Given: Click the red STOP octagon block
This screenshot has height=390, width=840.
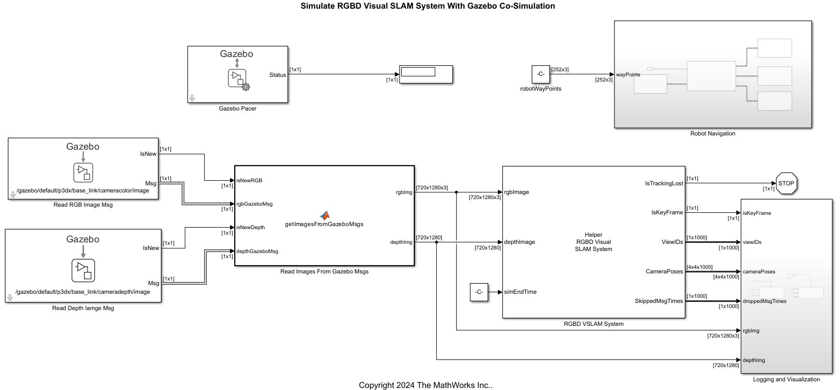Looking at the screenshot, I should pyautogui.click(x=786, y=183).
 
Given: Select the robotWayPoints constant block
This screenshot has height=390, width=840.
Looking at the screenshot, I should pyautogui.click(x=541, y=74).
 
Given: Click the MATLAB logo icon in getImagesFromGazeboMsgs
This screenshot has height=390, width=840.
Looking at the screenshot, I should pyautogui.click(x=325, y=215).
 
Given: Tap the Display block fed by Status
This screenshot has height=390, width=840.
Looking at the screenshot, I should pyautogui.click(x=426, y=74).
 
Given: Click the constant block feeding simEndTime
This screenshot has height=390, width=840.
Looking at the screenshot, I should pyautogui.click(x=479, y=292).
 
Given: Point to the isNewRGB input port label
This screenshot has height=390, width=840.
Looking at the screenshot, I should pyautogui.click(x=249, y=180).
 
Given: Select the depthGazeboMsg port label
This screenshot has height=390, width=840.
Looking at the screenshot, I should pyautogui.click(x=257, y=251).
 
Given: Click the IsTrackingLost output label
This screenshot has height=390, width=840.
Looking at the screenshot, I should pyautogui.click(x=664, y=183).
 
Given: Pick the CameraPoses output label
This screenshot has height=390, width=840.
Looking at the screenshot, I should pyautogui.click(x=664, y=271).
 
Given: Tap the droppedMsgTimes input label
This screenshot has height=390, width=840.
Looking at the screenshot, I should pyautogui.click(x=764, y=301).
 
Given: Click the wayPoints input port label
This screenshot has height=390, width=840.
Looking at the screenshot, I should pyautogui.click(x=628, y=74).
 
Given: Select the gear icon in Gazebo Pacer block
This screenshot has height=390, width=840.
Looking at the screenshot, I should pyautogui.click(x=246, y=87).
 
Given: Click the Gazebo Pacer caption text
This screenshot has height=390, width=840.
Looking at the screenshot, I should pyautogui.click(x=237, y=108).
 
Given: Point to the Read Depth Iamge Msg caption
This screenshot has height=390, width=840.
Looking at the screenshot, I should pyautogui.click(x=83, y=308).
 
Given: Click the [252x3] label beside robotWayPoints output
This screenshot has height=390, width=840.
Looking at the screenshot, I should pyautogui.click(x=560, y=69).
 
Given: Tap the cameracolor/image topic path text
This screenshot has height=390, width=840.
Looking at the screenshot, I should pyautogui.click(x=83, y=190).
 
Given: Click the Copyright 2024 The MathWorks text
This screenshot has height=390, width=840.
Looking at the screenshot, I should pyautogui.click(x=425, y=385).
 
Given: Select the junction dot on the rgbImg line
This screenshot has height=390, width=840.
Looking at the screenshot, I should pyautogui.click(x=456, y=192).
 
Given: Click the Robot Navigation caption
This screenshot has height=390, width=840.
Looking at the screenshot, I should pyautogui.click(x=712, y=133).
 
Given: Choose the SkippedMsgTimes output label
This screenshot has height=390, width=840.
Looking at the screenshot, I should pyautogui.click(x=658, y=301).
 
